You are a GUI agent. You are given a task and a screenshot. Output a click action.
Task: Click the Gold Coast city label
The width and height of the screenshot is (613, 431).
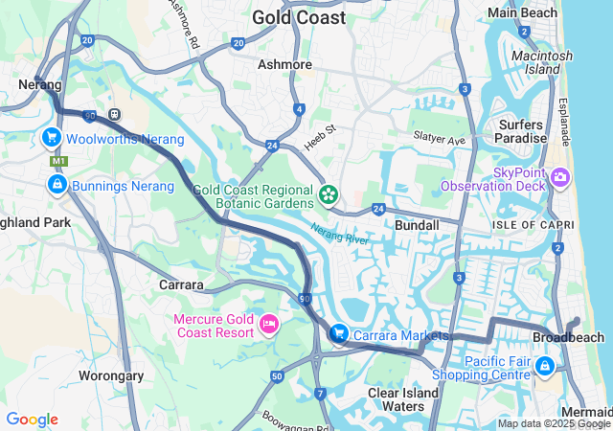(298, 17)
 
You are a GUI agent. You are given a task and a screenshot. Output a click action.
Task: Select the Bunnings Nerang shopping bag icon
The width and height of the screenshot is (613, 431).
(57, 184)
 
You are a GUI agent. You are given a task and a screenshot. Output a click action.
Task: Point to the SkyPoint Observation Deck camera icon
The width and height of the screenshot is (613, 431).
(560, 177)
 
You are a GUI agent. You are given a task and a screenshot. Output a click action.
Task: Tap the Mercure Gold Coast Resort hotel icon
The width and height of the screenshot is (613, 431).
(268, 327)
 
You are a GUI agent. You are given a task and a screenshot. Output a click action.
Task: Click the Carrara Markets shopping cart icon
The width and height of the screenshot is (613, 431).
(338, 333)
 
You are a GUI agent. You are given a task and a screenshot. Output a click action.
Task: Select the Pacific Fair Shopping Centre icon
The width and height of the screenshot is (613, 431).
(545, 366)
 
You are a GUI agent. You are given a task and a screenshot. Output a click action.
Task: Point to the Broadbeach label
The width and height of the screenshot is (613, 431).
(568, 338)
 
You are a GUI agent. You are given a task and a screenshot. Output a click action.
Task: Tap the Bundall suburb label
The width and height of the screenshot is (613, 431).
(417, 225)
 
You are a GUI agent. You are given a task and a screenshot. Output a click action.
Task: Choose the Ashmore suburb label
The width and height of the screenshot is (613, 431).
(285, 64)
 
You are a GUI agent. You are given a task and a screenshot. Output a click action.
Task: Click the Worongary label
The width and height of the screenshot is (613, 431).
(110, 375)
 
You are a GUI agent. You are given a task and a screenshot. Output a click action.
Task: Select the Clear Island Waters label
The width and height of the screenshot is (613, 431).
(403, 399)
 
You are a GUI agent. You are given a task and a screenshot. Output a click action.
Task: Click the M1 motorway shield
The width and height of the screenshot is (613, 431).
(59, 161)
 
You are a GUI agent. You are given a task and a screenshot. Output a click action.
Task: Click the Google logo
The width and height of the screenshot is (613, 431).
(32, 420)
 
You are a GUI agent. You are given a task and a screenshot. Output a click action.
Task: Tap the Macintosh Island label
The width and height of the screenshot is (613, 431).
(542, 62)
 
